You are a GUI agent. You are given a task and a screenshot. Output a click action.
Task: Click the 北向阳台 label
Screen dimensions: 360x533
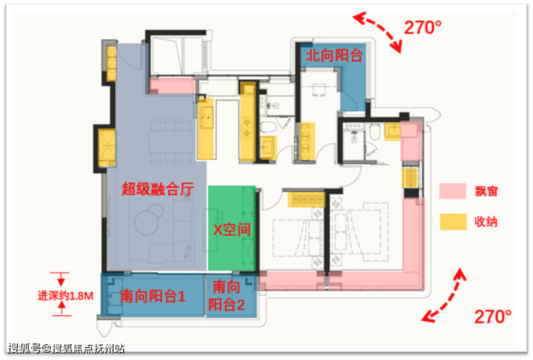point(333,55)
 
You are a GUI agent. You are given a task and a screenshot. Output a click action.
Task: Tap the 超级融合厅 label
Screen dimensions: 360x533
point(158,189)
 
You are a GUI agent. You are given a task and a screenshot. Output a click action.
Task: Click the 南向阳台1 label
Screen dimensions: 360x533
point(152,295)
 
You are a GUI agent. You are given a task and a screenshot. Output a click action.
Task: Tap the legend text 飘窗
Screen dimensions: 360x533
point(487,192)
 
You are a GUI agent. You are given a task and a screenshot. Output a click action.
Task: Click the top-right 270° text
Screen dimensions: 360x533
point(422,28)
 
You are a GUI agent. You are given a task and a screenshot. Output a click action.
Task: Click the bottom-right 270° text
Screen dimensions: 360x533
point(493,315)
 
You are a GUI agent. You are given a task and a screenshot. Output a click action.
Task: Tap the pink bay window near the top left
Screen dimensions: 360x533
point(172,86)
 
